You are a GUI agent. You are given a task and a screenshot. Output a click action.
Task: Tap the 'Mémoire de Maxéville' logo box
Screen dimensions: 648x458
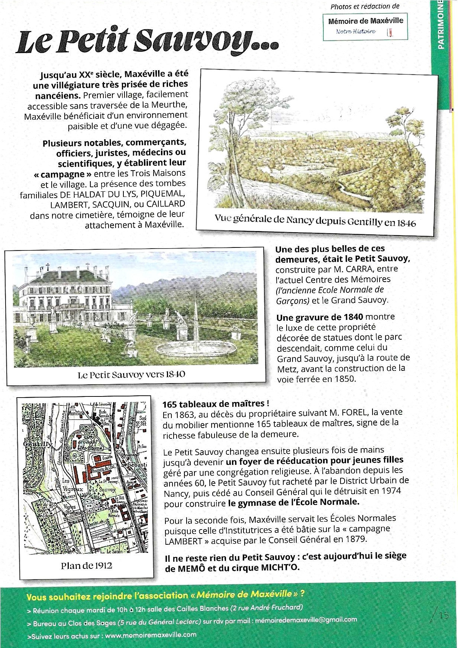pyautogui.click(x=366, y=26)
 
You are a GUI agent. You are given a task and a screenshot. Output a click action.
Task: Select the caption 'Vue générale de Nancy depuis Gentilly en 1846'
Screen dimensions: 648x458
pyautogui.click(x=315, y=222)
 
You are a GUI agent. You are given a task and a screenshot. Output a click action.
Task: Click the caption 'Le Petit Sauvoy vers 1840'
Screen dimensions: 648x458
pyautogui.click(x=132, y=374)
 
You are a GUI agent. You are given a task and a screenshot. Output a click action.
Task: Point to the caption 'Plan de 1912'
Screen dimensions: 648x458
pyautogui.click(x=86, y=566)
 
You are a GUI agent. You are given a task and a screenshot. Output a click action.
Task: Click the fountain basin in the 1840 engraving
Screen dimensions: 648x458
pyautogui.click(x=196, y=349)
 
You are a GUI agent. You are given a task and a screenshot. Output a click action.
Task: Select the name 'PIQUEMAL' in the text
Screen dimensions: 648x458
pyautogui.click(x=167, y=194)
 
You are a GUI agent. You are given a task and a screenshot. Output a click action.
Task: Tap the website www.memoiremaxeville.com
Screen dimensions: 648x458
pyautogui.click(x=151, y=635)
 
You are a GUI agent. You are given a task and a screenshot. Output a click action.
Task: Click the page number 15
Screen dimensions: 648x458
pyautogui.click(x=444, y=615)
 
